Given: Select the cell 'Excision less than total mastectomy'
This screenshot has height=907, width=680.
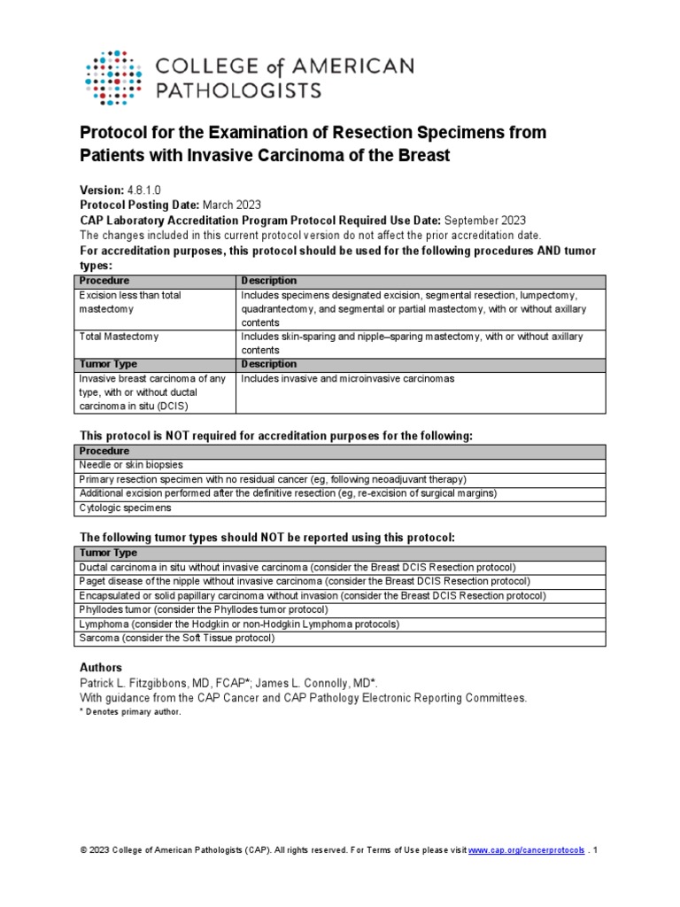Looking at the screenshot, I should [x=130, y=303].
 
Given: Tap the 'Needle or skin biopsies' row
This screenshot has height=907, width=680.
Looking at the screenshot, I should [x=132, y=465].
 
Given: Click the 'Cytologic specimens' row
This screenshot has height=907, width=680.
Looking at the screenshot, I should [x=126, y=508].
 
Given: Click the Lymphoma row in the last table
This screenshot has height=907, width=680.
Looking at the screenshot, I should [x=239, y=624].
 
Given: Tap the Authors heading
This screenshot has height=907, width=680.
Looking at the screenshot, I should [x=101, y=667].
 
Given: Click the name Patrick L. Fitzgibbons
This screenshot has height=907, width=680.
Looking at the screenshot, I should [x=142, y=683].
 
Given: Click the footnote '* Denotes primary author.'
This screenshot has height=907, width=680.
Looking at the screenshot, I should [x=129, y=712].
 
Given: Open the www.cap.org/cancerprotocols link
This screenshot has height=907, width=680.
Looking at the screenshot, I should [x=526, y=850].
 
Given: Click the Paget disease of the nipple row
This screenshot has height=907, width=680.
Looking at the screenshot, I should [x=305, y=581].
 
